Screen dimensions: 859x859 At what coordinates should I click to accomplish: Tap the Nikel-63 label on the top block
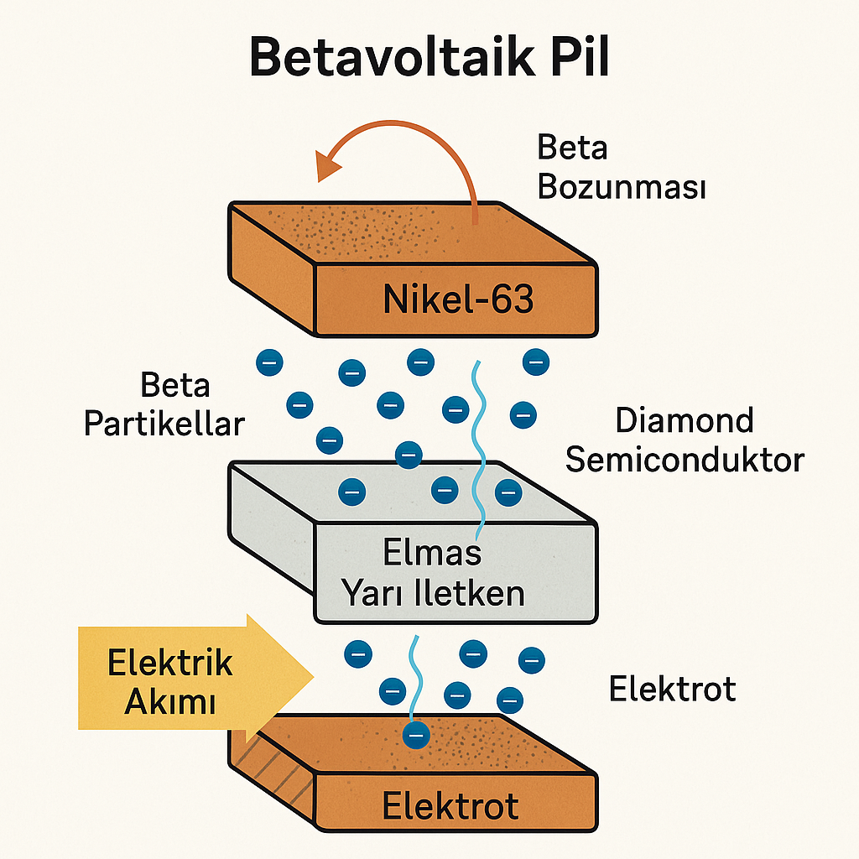coord(458,299)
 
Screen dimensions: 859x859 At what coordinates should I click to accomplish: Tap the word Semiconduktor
coord(685,460)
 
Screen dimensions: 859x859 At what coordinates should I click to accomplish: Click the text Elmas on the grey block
coord(432,554)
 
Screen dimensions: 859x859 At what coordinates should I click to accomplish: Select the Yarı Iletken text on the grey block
coord(432,593)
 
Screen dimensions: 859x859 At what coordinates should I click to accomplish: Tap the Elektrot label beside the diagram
coord(672,689)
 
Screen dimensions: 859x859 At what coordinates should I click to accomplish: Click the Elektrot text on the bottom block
coord(450,806)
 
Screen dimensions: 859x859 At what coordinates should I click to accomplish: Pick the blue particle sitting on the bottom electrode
coord(415,735)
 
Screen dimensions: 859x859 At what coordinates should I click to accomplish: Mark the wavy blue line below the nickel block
coord(479,445)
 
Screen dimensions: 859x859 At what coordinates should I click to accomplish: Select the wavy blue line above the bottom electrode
coord(413,675)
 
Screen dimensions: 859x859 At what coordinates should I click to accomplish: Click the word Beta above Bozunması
coord(572,148)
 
